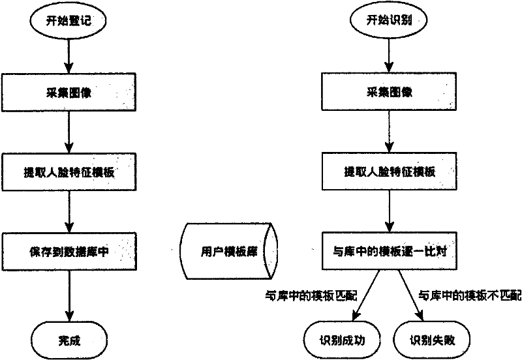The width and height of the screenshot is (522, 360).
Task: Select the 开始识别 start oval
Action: [390, 20]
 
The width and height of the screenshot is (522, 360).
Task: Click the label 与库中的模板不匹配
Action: [470, 295]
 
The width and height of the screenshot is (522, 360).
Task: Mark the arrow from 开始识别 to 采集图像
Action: [390, 55]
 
